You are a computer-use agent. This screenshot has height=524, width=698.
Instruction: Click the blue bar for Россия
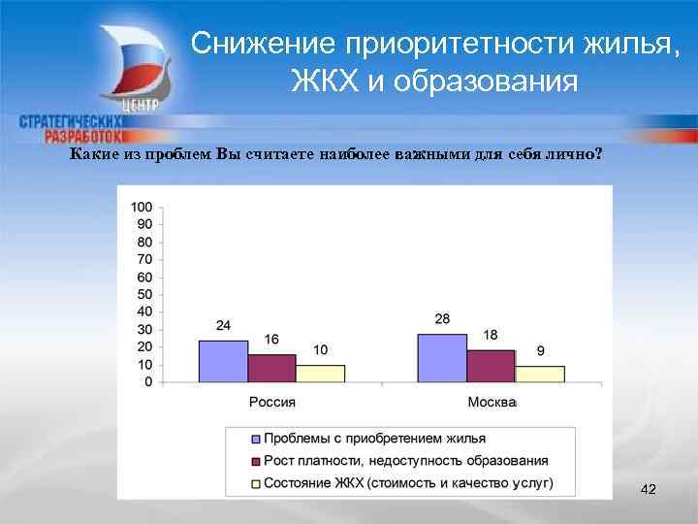pyautogui.click(x=223, y=361)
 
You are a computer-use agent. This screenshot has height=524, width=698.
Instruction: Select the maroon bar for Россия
pyautogui.click(x=271, y=368)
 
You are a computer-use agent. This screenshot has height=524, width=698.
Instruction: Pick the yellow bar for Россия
pyautogui.click(x=320, y=374)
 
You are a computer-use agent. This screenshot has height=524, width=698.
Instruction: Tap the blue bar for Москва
pyautogui.click(x=442, y=358)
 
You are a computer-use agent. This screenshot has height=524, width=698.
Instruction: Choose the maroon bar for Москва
pyautogui.click(x=491, y=366)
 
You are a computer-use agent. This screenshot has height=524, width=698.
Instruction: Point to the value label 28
pyautogui.click(x=443, y=319)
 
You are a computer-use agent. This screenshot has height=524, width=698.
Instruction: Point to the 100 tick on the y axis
pyautogui.click(x=142, y=207)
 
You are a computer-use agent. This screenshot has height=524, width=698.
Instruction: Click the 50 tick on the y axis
pyautogui.click(x=144, y=294)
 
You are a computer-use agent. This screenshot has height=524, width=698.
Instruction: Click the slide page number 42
pyautogui.click(x=649, y=491)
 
